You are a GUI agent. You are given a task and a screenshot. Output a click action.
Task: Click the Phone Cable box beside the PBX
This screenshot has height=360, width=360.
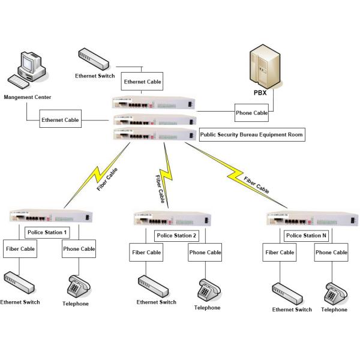click(251, 112)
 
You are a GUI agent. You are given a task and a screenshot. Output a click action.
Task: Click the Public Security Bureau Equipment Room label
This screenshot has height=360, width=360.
click(252, 136)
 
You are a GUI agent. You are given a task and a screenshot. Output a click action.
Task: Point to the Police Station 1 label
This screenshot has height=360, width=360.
click(47, 232)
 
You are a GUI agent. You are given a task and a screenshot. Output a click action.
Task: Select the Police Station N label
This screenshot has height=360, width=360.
click(306, 235)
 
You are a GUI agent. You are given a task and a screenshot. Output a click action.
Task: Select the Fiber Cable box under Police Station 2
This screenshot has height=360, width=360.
click(146, 253)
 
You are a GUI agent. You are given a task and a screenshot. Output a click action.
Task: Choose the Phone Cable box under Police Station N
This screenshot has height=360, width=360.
click(331, 253)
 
